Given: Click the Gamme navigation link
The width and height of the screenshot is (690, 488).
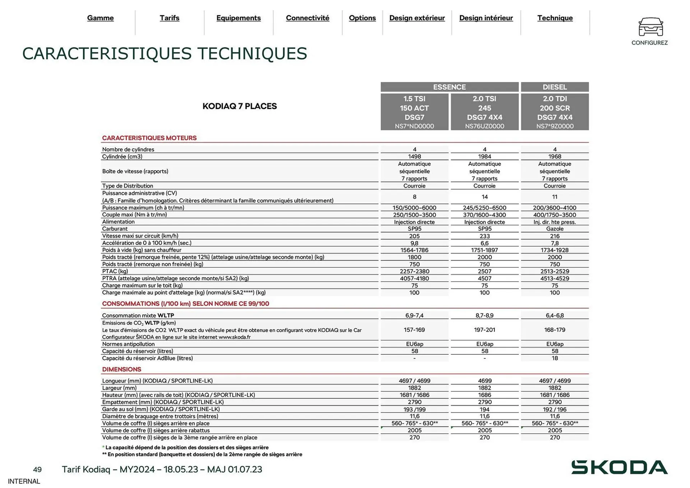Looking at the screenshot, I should click(x=100, y=18).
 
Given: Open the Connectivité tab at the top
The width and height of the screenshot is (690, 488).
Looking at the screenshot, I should click(x=307, y=18).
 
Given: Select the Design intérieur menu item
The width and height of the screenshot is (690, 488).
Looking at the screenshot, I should click(x=486, y=18).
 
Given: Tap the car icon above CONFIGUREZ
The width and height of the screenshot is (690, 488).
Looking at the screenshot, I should click(x=650, y=27).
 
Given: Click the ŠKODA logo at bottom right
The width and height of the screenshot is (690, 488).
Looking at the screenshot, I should click(x=619, y=467).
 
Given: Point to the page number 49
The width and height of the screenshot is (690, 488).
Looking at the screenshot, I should click(x=37, y=470).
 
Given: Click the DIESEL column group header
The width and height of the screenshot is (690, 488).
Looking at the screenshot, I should click(x=555, y=87).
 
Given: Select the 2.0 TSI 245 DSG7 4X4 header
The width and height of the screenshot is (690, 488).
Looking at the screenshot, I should click(x=484, y=112).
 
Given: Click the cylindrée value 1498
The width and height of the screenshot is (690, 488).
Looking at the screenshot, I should click(x=414, y=157).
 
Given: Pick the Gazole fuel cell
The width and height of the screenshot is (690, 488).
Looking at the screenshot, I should click(x=555, y=229).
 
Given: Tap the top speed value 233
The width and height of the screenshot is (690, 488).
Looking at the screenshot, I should click(x=484, y=236).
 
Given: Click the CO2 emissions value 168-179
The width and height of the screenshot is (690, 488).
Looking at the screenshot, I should click(x=555, y=330).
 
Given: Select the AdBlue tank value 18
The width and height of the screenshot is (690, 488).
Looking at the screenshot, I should click(x=555, y=358).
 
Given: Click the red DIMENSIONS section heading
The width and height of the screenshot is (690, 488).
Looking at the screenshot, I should click(x=121, y=369).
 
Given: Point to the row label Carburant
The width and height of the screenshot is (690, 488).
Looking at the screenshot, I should click(x=115, y=229).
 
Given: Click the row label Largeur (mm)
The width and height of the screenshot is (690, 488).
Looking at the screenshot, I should click(x=119, y=388).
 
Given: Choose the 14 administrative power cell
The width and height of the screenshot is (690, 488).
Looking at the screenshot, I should click(x=484, y=197).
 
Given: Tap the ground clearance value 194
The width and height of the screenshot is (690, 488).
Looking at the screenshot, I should click(x=484, y=409).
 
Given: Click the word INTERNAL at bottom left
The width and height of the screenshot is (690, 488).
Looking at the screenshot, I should click(x=24, y=482).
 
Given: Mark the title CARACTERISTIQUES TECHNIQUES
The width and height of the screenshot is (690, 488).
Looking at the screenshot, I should click(x=165, y=54).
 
